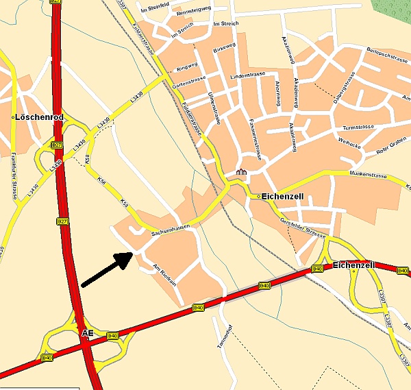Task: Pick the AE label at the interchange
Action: (x=88, y=333)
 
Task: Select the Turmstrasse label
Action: (x=358, y=127)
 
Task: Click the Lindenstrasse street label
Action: (x=247, y=76)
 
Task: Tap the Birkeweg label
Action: (x=224, y=50)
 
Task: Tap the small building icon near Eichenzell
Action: (x=241, y=171)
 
